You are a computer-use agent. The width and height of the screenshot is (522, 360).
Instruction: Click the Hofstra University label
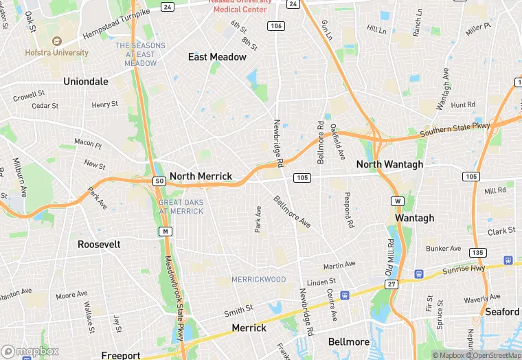pos(57,52)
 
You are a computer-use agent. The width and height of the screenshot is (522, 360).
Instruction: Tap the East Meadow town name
pos(217,57)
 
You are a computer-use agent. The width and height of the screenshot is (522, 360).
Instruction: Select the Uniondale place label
pos(86,81)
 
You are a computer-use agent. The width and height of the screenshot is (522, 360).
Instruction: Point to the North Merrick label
pos(201,177)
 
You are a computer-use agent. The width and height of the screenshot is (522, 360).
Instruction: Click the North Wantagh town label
pos(389,165)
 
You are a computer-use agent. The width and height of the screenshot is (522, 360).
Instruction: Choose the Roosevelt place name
pos(99,245)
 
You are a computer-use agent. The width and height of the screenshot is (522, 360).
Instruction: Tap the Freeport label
pos(121,355)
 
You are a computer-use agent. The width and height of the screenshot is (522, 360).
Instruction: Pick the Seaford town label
pos(502,312)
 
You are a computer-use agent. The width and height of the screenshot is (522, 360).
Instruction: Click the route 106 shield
pos(276,26)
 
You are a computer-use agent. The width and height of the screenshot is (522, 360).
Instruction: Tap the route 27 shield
pos(391,284)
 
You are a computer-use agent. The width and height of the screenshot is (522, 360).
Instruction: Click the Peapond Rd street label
pos(350,210)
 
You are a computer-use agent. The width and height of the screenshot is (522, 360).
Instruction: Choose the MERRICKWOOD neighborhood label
pos(259,280)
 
